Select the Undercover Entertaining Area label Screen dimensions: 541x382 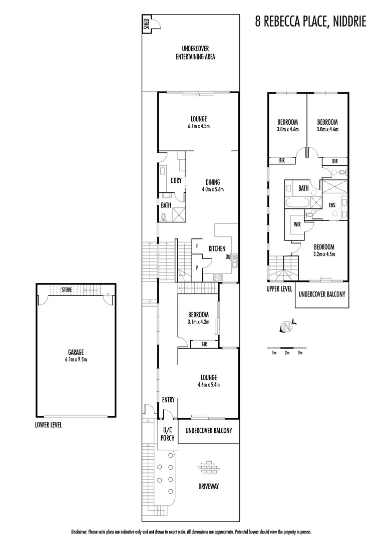195,53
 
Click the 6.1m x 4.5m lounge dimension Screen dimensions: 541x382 199,126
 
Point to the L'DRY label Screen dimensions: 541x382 176,181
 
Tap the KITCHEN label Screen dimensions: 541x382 217,248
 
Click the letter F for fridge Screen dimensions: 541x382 197,247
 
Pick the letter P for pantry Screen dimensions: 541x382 197,268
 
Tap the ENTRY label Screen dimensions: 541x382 168,400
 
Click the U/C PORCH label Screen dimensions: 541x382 168,434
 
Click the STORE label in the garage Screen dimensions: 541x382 66,290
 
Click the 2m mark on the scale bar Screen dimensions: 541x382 287,353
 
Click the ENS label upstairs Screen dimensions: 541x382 332,205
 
